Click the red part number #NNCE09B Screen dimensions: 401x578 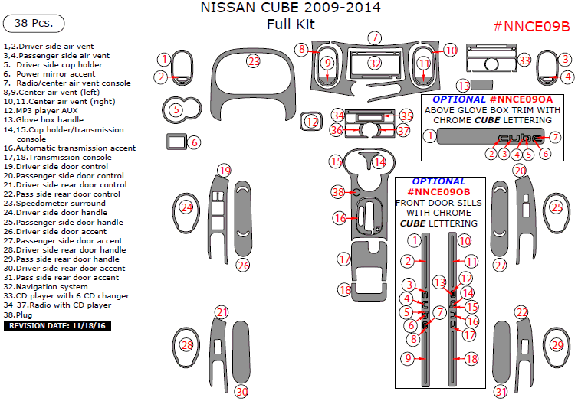[x=530, y=27]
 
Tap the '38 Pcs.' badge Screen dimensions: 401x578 [x=34, y=23]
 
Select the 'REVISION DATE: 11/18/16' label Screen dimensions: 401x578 [x=57, y=325]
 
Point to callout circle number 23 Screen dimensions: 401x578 [x=254, y=60]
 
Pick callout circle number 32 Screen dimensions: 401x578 [x=374, y=63]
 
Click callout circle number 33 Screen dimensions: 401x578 [x=524, y=60]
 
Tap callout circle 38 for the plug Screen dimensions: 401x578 [x=337, y=191]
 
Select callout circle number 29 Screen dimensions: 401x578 [x=557, y=345]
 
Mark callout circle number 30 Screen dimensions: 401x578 [x=241, y=391]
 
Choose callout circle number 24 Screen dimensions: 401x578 [x=186, y=207]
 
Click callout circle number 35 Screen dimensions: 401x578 [x=406, y=116]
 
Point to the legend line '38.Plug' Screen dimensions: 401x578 [x=21, y=314]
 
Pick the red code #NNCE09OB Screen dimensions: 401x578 [x=439, y=191]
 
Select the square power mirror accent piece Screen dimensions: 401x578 [x=176, y=141]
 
